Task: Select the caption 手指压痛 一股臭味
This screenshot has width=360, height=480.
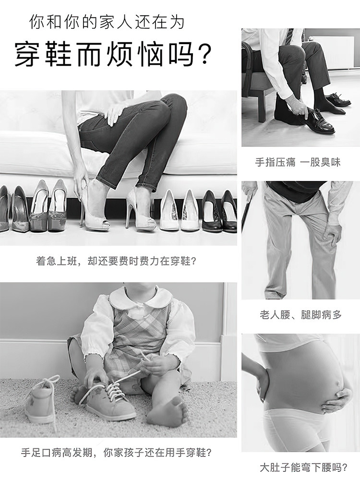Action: click(x=298, y=162)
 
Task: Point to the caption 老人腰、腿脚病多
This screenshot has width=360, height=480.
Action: click(x=300, y=314)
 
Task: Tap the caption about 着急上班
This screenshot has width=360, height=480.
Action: click(x=116, y=262)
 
